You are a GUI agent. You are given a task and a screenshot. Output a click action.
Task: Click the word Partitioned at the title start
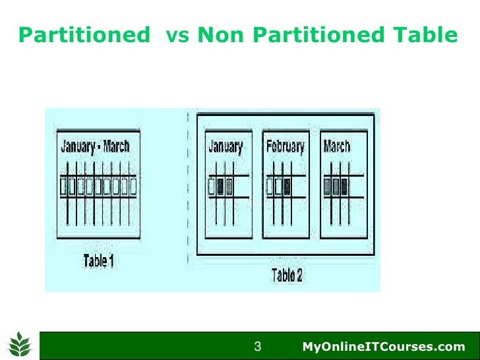pos(82,35)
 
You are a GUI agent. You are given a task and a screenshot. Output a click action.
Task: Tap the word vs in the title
pos(177,35)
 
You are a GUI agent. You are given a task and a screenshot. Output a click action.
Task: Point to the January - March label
pos(96,147)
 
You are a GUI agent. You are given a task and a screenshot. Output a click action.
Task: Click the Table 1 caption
pos(98,260)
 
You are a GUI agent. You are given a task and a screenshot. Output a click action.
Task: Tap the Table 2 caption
pos(287,275)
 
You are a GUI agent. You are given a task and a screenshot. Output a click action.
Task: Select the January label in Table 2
pos(225,146)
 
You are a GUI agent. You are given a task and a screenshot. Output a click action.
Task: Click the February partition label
pos(285,146)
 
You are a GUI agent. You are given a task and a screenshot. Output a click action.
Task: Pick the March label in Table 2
pos(337,146)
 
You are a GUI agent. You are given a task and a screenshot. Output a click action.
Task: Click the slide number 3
pos(258,346)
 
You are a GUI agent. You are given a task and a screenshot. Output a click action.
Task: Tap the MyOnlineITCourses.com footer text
pos(383,347)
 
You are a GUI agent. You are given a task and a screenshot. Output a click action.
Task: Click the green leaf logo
pos(19,343)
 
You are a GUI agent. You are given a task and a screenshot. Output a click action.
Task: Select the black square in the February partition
pos(287,187)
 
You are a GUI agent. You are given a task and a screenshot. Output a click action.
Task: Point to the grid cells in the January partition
pos(221,187)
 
